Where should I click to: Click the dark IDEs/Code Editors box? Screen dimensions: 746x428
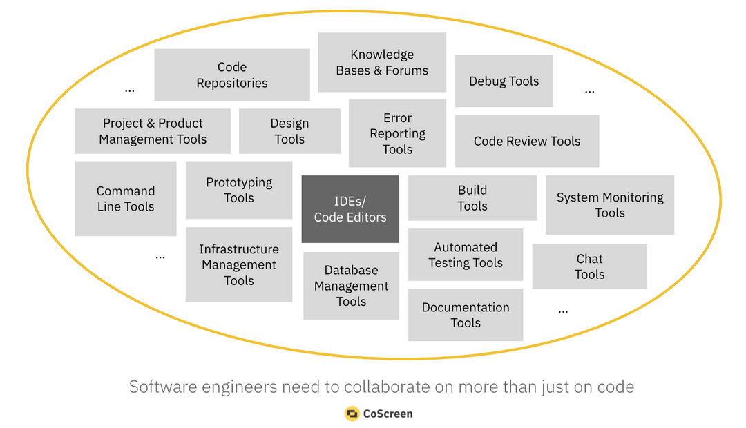tap(350, 209)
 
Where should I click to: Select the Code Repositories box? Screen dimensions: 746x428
tap(232, 75)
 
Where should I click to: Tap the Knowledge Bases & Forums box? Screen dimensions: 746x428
tap(382, 62)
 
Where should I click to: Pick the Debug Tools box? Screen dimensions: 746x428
tap(504, 81)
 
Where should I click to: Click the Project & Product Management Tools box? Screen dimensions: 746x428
tap(153, 131)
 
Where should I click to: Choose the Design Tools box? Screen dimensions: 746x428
tap(289, 131)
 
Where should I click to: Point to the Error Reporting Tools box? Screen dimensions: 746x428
tap(398, 133)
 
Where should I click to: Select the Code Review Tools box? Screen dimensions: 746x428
tap(527, 142)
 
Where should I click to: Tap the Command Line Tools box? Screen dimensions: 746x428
tap(126, 199)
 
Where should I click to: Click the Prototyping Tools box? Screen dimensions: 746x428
tap(239, 191)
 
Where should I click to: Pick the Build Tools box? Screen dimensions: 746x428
tap(472, 198)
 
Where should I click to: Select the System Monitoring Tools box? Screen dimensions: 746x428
tap(610, 205)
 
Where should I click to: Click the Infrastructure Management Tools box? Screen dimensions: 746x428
tap(239, 264)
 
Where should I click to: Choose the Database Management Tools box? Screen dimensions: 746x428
tap(351, 286)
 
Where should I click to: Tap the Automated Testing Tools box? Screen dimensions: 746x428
tap(466, 255)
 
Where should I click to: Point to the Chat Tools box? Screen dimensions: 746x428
tap(589, 266)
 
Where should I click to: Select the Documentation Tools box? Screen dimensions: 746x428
tap(466, 315)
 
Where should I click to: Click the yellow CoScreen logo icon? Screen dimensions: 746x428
tap(352, 414)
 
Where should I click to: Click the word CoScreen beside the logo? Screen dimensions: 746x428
tap(388, 414)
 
